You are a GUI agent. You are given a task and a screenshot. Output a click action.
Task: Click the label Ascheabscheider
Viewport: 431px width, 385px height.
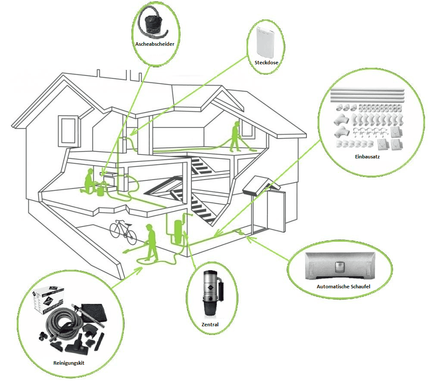click(x=155, y=44)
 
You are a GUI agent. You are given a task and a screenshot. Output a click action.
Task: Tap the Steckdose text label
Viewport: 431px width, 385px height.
click(x=266, y=63)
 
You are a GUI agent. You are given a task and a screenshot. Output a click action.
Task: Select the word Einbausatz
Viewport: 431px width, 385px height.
click(x=367, y=157)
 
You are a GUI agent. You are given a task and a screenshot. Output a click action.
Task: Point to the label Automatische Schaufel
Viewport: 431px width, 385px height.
click(x=344, y=287)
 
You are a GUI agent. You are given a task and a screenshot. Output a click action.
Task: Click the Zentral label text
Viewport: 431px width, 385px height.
click(x=210, y=325)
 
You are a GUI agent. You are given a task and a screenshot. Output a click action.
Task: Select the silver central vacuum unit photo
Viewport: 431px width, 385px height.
click(x=212, y=293)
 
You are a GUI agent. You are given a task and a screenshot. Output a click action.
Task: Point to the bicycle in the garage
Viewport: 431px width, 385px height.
click(x=123, y=232)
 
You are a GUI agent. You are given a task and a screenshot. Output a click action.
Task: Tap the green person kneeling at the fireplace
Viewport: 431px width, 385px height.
click(x=88, y=182)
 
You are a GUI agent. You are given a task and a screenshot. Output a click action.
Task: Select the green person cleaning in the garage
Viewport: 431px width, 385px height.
click(x=151, y=242)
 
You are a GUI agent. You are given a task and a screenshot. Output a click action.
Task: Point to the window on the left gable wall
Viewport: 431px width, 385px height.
click(x=68, y=130)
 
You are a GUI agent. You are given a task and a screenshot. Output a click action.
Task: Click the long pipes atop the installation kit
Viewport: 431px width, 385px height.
click(x=367, y=95)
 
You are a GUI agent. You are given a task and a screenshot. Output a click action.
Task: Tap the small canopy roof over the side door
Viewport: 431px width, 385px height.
click(x=261, y=186)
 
